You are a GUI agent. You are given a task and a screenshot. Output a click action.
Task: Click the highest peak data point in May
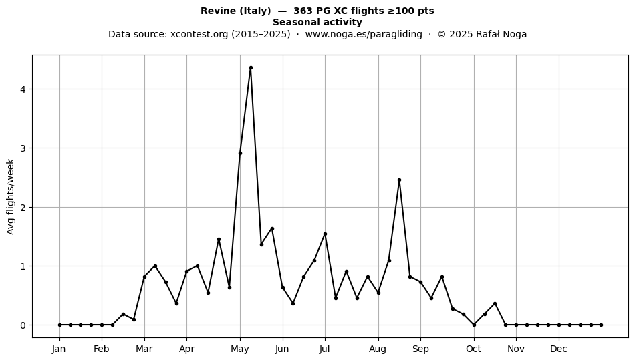[251, 68]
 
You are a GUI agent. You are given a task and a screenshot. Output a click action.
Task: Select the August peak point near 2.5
[399, 180]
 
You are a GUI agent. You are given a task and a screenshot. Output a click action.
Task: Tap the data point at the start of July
[325, 234]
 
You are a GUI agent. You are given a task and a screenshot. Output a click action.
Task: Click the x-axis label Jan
[59, 349]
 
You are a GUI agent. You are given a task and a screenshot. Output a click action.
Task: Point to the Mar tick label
[144, 349]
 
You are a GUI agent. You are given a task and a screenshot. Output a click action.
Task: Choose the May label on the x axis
[240, 349]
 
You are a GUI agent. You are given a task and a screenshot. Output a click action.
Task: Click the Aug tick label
[378, 349]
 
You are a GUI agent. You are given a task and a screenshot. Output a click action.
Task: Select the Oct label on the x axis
[473, 349]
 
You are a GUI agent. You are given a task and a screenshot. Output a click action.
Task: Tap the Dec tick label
[558, 349]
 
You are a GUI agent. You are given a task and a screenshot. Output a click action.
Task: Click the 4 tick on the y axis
[23, 89]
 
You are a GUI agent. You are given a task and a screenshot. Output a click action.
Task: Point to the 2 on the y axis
[23, 208]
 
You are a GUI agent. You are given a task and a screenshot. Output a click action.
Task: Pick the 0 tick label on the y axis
[23, 325]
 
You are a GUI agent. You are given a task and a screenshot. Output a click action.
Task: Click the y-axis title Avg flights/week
[11, 196]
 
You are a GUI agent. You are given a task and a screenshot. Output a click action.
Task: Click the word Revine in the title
[219, 11]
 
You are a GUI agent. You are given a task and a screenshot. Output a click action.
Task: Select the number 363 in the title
[302, 11]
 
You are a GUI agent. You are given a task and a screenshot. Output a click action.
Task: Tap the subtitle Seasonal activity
[317, 22]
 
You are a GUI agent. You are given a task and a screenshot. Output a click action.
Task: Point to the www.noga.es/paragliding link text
[364, 34]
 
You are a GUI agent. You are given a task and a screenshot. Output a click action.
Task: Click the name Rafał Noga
[501, 34]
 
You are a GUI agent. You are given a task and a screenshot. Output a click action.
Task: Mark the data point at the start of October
[474, 325]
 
